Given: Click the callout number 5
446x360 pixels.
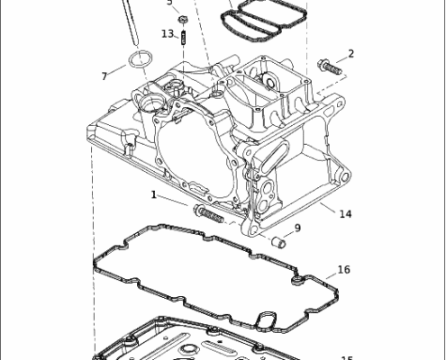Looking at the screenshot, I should [168, 3].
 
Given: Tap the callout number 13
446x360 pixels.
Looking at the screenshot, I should [168, 34].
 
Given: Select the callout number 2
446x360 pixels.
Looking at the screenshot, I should [350, 53].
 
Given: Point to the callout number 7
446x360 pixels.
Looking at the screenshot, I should [105, 76].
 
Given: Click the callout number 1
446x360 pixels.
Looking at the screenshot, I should [154, 194].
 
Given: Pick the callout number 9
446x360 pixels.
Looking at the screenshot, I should [297, 228].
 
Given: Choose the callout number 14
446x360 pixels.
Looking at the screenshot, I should [345, 213].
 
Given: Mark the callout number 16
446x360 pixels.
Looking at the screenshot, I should [343, 270].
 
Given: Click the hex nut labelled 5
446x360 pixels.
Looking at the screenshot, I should [183, 18].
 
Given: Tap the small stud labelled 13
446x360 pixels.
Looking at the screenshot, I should [184, 39].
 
